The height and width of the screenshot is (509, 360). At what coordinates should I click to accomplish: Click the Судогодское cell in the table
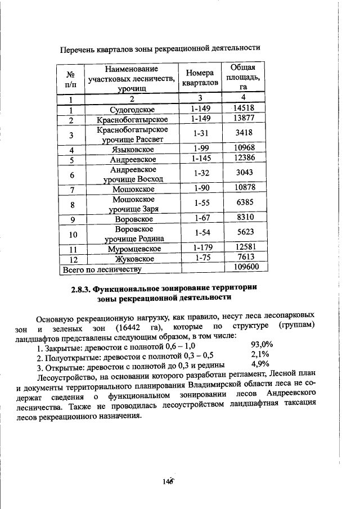coord(132,109)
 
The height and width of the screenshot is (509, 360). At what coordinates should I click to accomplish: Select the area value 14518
coord(243,109)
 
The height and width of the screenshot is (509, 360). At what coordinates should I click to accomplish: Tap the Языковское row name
coord(132,150)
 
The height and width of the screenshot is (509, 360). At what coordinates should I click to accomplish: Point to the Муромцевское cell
coord(132,248)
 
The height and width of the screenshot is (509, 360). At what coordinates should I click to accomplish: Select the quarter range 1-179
coord(200,247)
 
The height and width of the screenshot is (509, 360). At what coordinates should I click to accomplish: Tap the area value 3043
coord(243,174)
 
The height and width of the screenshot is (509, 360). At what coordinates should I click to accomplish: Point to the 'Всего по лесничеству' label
coord(100,269)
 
